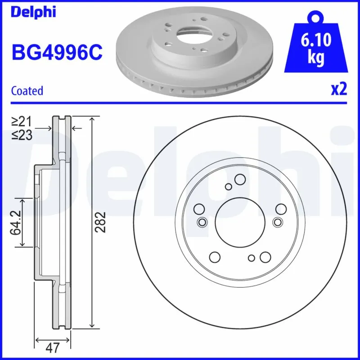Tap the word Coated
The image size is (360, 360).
[x=27, y=90]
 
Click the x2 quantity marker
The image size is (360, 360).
[x=339, y=90]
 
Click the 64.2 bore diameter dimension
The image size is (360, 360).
[x=16, y=223]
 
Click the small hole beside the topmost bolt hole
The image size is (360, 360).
[x=228, y=187]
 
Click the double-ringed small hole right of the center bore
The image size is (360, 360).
[x=277, y=221]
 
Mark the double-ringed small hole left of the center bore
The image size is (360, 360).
[x=202, y=221]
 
